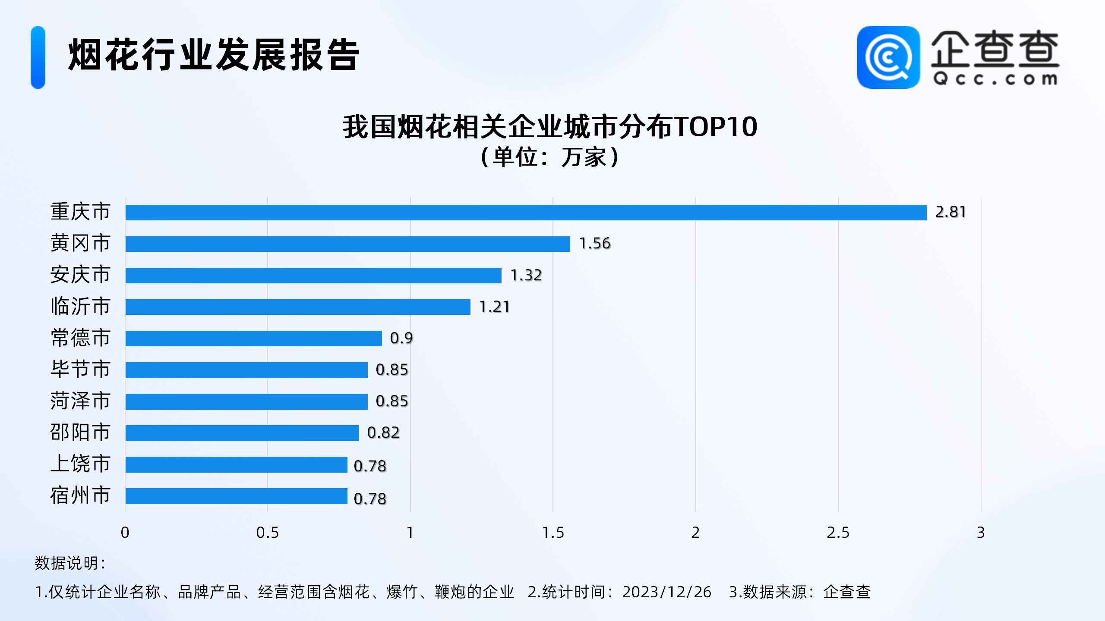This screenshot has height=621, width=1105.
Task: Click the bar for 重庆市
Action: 526,213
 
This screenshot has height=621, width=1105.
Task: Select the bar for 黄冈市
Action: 347,244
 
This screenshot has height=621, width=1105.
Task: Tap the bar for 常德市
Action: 253,339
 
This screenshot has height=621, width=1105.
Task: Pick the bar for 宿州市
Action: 236,496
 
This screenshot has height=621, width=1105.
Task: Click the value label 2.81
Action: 950,212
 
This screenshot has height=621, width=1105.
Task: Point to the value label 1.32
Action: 526,275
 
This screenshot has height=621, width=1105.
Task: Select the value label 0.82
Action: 383,433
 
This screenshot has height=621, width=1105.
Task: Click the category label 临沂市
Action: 80,307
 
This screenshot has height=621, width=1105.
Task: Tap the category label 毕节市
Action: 80,370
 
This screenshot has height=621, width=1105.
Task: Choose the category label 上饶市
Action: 80,464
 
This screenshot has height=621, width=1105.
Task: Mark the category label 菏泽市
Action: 80,401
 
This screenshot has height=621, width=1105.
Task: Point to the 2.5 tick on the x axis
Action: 838,533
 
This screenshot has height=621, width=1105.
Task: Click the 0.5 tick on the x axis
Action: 267,533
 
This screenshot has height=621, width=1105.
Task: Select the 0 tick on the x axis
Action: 125,533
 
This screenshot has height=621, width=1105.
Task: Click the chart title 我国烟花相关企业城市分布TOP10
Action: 550,127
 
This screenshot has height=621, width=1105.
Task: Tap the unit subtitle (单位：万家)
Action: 550,157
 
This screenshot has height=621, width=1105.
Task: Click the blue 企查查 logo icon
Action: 888,57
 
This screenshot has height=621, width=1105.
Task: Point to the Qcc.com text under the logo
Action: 995,79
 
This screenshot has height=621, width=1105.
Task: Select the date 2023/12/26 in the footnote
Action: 666,592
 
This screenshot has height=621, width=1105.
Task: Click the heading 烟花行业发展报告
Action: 214,55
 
